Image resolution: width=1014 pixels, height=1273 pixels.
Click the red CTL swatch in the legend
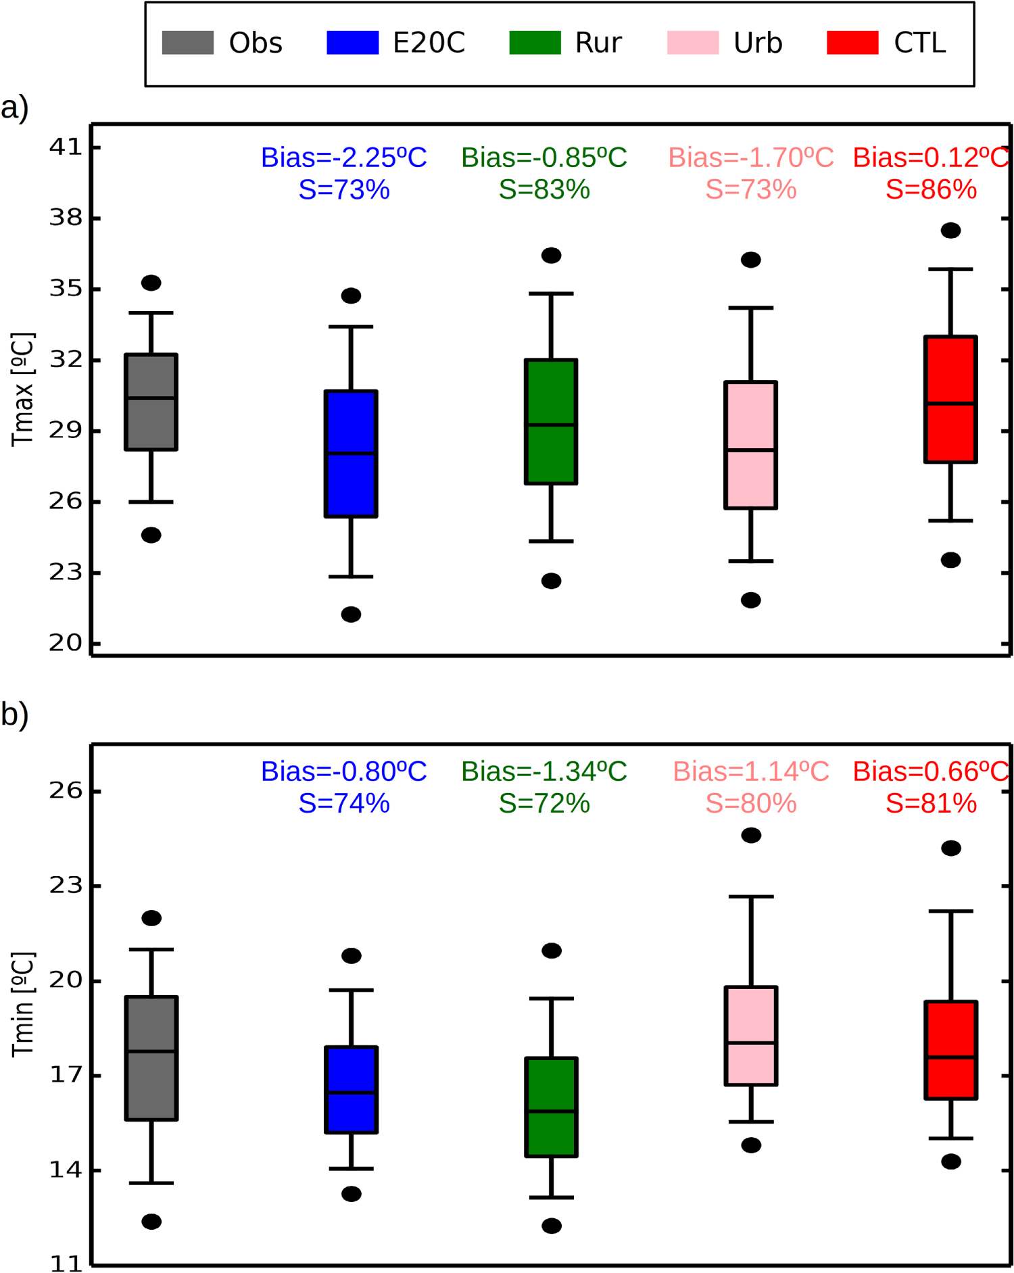coord(852,43)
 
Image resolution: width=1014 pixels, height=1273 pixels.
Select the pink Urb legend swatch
coord(692,43)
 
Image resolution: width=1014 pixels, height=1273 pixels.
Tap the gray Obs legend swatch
coord(187,43)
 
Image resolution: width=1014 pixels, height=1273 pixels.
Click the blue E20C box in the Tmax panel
coord(351,454)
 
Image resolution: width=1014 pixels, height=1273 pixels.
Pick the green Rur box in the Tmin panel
coord(551,1107)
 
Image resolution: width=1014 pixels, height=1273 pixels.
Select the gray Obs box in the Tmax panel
coord(151,402)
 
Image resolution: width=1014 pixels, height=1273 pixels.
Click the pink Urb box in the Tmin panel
coord(750,1036)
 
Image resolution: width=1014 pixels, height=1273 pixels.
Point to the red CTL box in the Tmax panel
coord(950,400)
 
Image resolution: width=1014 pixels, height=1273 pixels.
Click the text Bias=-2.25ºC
coord(343,158)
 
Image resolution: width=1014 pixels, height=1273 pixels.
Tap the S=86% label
coord(931,190)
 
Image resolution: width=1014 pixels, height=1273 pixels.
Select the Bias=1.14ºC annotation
coord(750,771)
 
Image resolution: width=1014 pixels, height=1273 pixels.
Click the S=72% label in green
coord(544,803)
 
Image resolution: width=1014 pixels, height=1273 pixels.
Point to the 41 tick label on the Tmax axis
coord(65,147)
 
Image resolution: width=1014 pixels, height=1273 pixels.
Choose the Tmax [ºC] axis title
coord(22,389)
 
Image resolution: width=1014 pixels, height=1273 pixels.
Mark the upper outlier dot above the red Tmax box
coord(950,231)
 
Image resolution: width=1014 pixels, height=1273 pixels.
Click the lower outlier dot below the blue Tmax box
coord(351,615)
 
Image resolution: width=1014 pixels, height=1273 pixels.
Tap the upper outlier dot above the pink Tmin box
coord(751,836)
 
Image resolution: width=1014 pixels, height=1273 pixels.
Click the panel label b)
coord(15,715)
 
